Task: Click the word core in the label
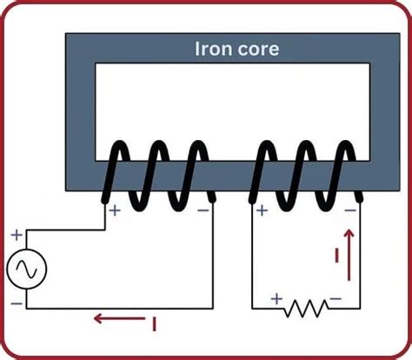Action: [x=256, y=50]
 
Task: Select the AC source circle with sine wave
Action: [x=25, y=271]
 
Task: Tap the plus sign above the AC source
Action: [x=14, y=234]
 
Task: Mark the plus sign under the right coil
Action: [x=260, y=210]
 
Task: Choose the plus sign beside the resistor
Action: [x=277, y=298]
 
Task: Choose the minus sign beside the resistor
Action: [x=336, y=298]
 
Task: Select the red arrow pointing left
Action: [x=116, y=318]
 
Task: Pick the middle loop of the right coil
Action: [x=306, y=174]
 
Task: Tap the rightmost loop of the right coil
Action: [x=342, y=174]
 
